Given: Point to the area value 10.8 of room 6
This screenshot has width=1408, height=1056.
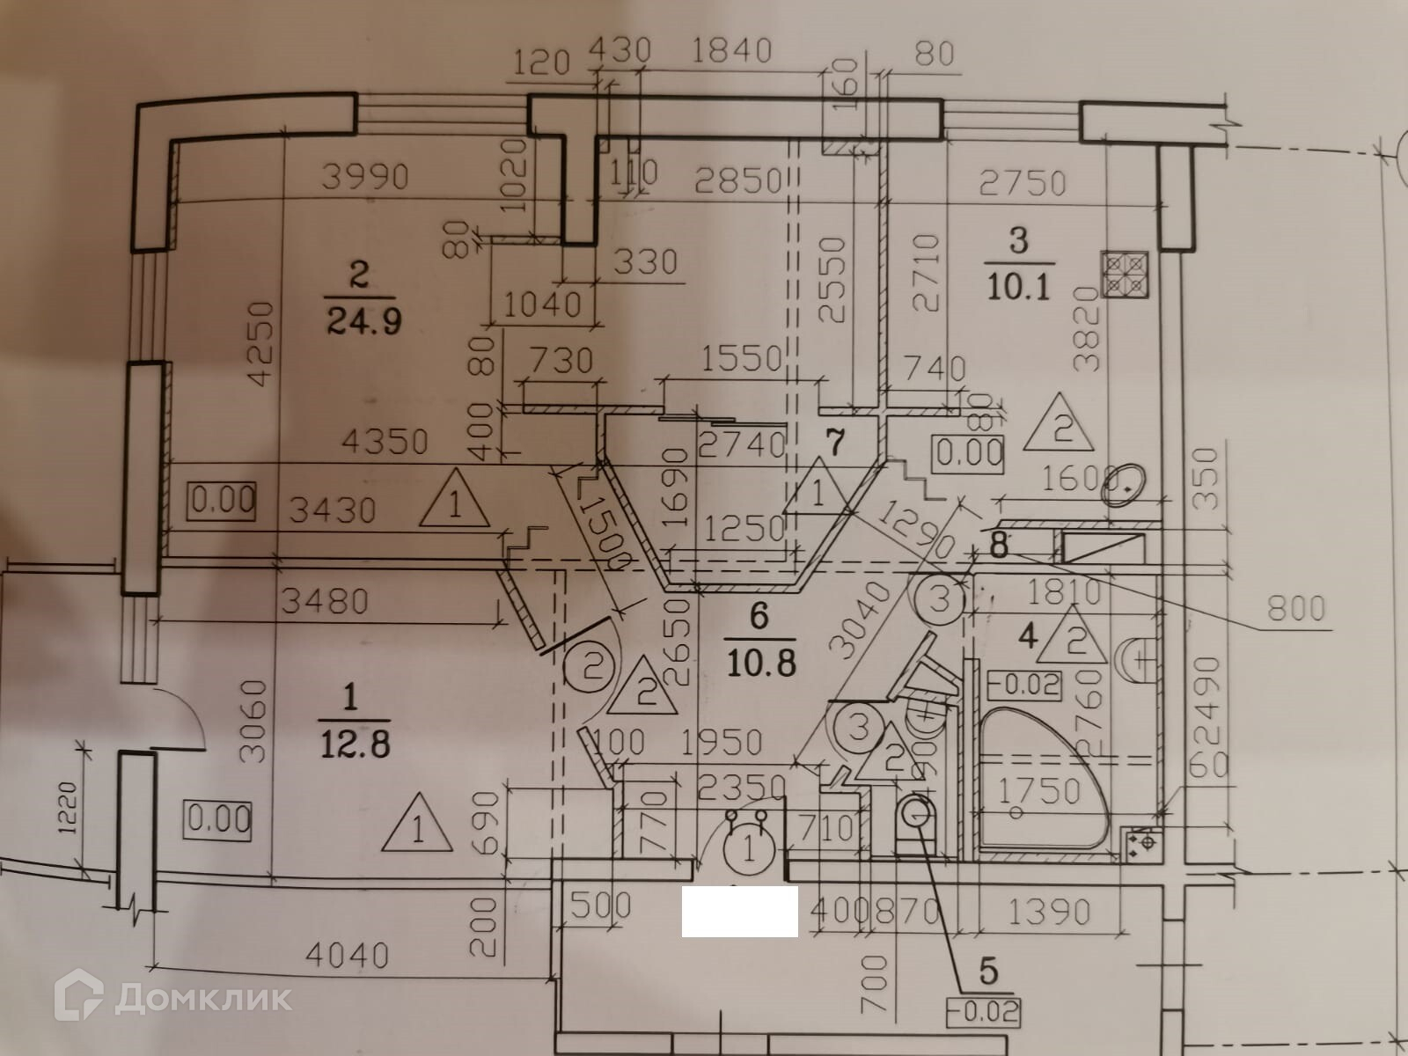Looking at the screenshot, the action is click(x=761, y=662).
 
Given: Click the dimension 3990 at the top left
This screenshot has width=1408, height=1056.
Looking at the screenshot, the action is click(x=365, y=178).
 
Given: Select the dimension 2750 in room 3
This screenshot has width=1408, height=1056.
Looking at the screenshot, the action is click(x=1023, y=183).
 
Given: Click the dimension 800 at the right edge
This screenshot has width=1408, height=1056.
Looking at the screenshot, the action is click(x=1296, y=607).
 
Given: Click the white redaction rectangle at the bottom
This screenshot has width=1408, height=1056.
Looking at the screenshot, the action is click(x=739, y=911).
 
